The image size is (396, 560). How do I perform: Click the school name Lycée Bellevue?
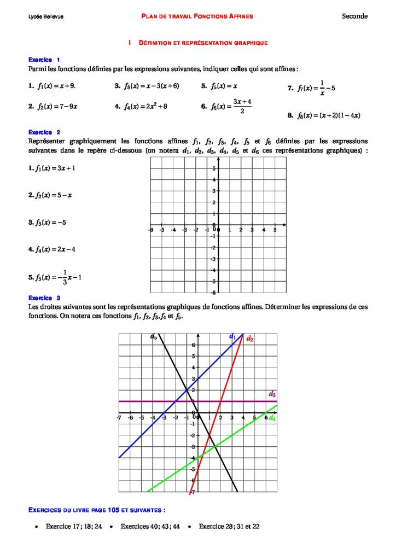click(46, 17)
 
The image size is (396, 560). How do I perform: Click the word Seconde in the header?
click(354, 16)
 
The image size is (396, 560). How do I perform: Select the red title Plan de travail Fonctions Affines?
click(197, 16)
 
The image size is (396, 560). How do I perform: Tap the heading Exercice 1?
click(44, 60)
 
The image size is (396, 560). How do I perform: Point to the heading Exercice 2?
click(44, 132)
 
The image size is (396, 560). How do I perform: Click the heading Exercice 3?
click(44, 298)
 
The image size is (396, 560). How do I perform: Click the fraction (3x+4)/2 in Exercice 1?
click(242, 106)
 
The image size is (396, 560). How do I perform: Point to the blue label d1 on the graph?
click(232, 336)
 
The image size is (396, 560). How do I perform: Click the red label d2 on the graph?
click(250, 339)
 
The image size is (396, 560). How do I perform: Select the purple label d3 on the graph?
click(272, 394)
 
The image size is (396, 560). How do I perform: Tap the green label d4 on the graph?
click(272, 418)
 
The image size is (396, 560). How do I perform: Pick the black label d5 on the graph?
click(154, 337)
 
